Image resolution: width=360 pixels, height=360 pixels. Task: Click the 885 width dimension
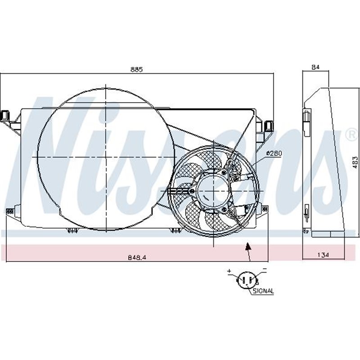[136, 69]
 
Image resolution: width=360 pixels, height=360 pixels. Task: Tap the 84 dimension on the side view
[315, 67]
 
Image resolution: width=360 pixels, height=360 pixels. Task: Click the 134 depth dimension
[323, 255]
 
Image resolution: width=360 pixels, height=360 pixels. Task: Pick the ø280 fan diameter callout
[274, 153]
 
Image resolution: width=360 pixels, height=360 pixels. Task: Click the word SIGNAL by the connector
[263, 291]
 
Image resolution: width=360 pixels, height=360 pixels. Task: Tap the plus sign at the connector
[229, 271]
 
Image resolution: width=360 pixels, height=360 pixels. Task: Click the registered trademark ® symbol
[351, 134]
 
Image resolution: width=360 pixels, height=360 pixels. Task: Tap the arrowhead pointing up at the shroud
[247, 245]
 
